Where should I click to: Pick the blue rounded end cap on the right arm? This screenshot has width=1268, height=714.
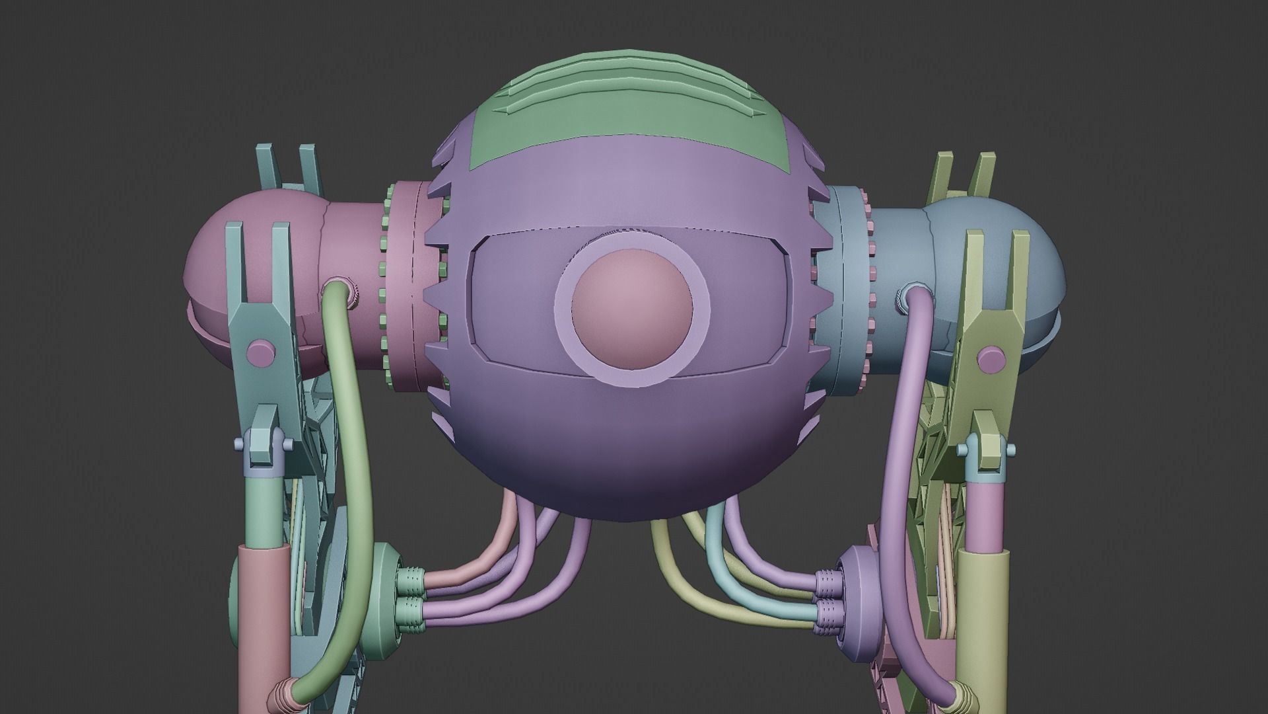coord(1030,264)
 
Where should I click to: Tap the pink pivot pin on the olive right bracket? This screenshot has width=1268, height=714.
coord(989,358)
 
